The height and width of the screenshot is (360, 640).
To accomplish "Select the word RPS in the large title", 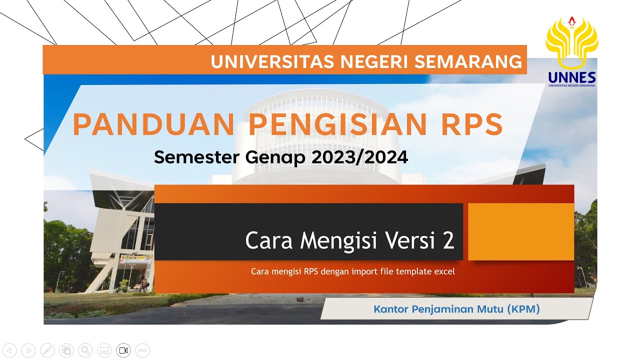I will (x=471, y=124).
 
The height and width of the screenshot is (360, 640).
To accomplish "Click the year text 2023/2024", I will (x=359, y=157).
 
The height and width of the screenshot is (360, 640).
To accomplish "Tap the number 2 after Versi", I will (x=448, y=241).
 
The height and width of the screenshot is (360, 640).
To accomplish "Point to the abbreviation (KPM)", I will (x=523, y=309).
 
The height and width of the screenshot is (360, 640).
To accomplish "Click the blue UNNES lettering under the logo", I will (x=571, y=77).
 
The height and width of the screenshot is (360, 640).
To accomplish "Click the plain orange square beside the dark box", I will (x=520, y=231).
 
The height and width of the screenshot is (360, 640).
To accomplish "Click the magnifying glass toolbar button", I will (x=85, y=350).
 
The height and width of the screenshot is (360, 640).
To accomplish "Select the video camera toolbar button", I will (x=123, y=350).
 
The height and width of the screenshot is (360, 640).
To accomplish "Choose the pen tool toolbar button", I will (x=47, y=350).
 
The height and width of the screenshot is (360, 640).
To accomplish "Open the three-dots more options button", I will (x=142, y=350).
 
